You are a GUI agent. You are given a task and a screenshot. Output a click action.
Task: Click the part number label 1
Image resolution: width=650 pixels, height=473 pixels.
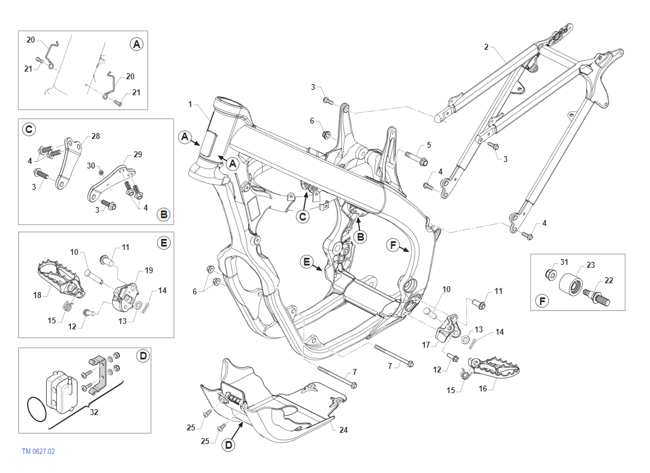pyautogui.click(x=191, y=104)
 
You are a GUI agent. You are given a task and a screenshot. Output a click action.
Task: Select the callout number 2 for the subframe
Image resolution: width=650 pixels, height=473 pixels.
pyautogui.click(x=486, y=47)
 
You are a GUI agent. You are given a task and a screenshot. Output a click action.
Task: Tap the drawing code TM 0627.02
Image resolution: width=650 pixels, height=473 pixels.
pyautogui.click(x=38, y=451)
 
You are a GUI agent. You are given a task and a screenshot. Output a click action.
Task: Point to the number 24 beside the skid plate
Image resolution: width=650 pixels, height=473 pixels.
pyautogui.click(x=343, y=430)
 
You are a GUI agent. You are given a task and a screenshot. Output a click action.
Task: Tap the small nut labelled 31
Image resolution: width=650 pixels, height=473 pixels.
pyautogui.click(x=550, y=274)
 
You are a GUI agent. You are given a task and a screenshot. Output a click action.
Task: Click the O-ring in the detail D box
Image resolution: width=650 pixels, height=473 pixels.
pyautogui.click(x=36, y=409)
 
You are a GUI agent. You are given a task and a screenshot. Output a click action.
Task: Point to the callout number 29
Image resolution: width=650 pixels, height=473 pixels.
pyautogui.click(x=138, y=154)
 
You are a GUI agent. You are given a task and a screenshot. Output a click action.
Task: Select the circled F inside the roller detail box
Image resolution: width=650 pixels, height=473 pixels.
pyautogui.click(x=542, y=302)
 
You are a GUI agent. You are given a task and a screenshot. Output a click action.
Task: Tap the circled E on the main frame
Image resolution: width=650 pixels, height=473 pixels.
pyautogui.click(x=306, y=262)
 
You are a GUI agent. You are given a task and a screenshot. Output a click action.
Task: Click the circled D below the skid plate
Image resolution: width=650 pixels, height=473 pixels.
pyautogui.click(x=229, y=445)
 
